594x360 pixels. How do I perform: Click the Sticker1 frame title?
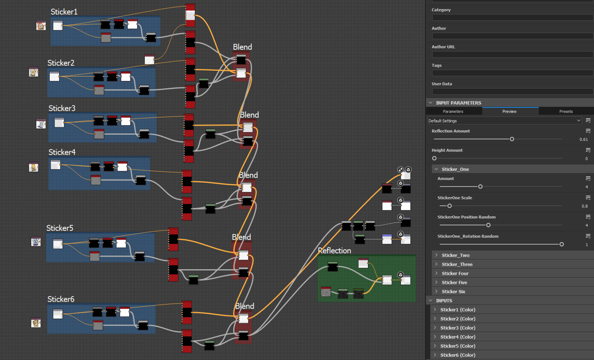pyautogui.click(x=64, y=12)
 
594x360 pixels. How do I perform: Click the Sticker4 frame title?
pyautogui.click(x=62, y=152)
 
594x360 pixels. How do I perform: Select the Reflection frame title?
pyautogui.click(x=334, y=251)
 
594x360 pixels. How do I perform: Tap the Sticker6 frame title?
pyautogui.click(x=61, y=299)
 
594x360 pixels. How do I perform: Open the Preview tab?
pyautogui.click(x=509, y=111)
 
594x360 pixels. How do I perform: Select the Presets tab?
pyautogui.click(x=566, y=111)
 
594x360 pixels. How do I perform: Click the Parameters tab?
pyautogui.click(x=453, y=111)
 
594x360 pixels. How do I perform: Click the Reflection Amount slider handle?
pyautogui.click(x=512, y=139)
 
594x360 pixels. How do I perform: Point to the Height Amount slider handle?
pyautogui.click(x=434, y=158)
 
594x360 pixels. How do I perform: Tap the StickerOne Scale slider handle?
pyautogui.click(x=450, y=206)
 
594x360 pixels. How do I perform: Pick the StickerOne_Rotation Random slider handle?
pyautogui.click(x=561, y=244)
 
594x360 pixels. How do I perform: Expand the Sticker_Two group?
pyautogui.click(x=455, y=255)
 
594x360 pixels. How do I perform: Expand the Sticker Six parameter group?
pyautogui.click(x=453, y=292)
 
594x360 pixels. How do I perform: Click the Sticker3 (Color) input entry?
pyautogui.click(x=458, y=328)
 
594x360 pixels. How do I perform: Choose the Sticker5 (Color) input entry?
pyautogui.click(x=458, y=346)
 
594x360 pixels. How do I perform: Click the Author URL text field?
pyautogui.click(x=512, y=55)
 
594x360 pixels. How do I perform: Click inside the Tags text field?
pyautogui.click(x=512, y=73)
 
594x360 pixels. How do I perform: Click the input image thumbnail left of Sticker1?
pyautogui.click(x=41, y=26)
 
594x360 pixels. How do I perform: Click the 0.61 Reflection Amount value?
pyautogui.click(x=583, y=140)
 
